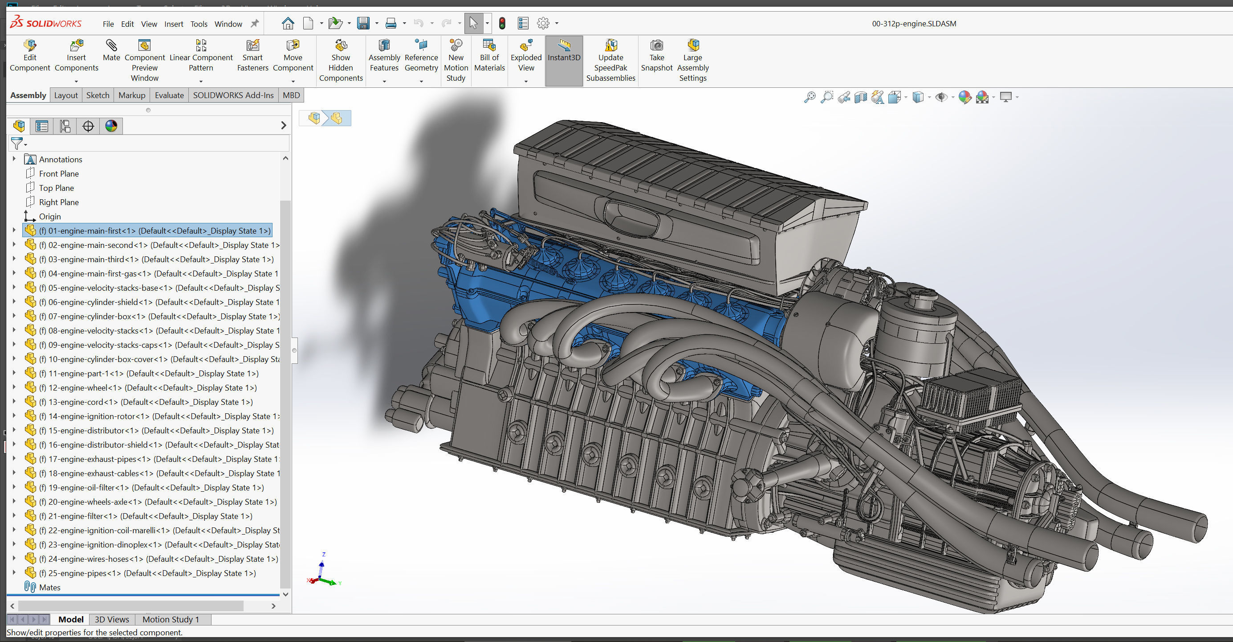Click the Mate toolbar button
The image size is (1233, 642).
[x=111, y=50]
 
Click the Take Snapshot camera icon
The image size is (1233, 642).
[x=657, y=46]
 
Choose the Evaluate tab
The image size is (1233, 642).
[x=169, y=95]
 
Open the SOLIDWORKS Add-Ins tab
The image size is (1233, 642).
[x=233, y=95]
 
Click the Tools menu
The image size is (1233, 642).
[x=199, y=24]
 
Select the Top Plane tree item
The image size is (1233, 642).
[x=56, y=188]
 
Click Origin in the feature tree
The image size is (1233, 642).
[x=50, y=217]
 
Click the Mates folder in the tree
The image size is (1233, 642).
[x=49, y=587]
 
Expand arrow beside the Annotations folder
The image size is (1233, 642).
[x=14, y=159]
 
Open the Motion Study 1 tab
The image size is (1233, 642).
[x=171, y=619]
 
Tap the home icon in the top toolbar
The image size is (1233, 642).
[x=288, y=23]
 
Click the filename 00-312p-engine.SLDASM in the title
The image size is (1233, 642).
[x=914, y=24]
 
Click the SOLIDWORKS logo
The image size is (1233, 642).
[x=46, y=23]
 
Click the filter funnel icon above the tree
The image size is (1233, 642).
[x=17, y=143]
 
